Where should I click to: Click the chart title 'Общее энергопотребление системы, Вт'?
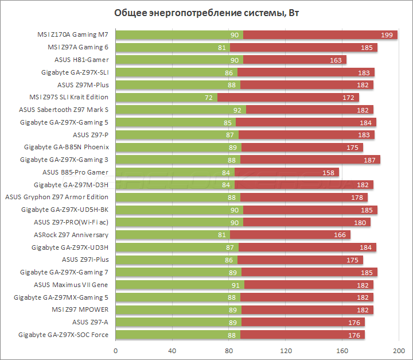point(206,13)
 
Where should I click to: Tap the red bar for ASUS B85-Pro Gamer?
point(287,172)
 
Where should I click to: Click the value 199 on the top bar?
point(387,35)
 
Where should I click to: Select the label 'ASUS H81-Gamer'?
point(81,60)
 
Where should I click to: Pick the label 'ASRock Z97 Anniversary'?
point(71,235)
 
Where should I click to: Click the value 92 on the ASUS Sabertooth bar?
point(237,110)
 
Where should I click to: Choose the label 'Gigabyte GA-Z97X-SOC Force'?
point(63,335)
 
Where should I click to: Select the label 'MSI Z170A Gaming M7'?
point(72,35)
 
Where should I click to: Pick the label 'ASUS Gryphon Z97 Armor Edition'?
point(57,197)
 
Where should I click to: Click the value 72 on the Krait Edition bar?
point(209,97)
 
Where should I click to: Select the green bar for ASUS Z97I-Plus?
point(169,260)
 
